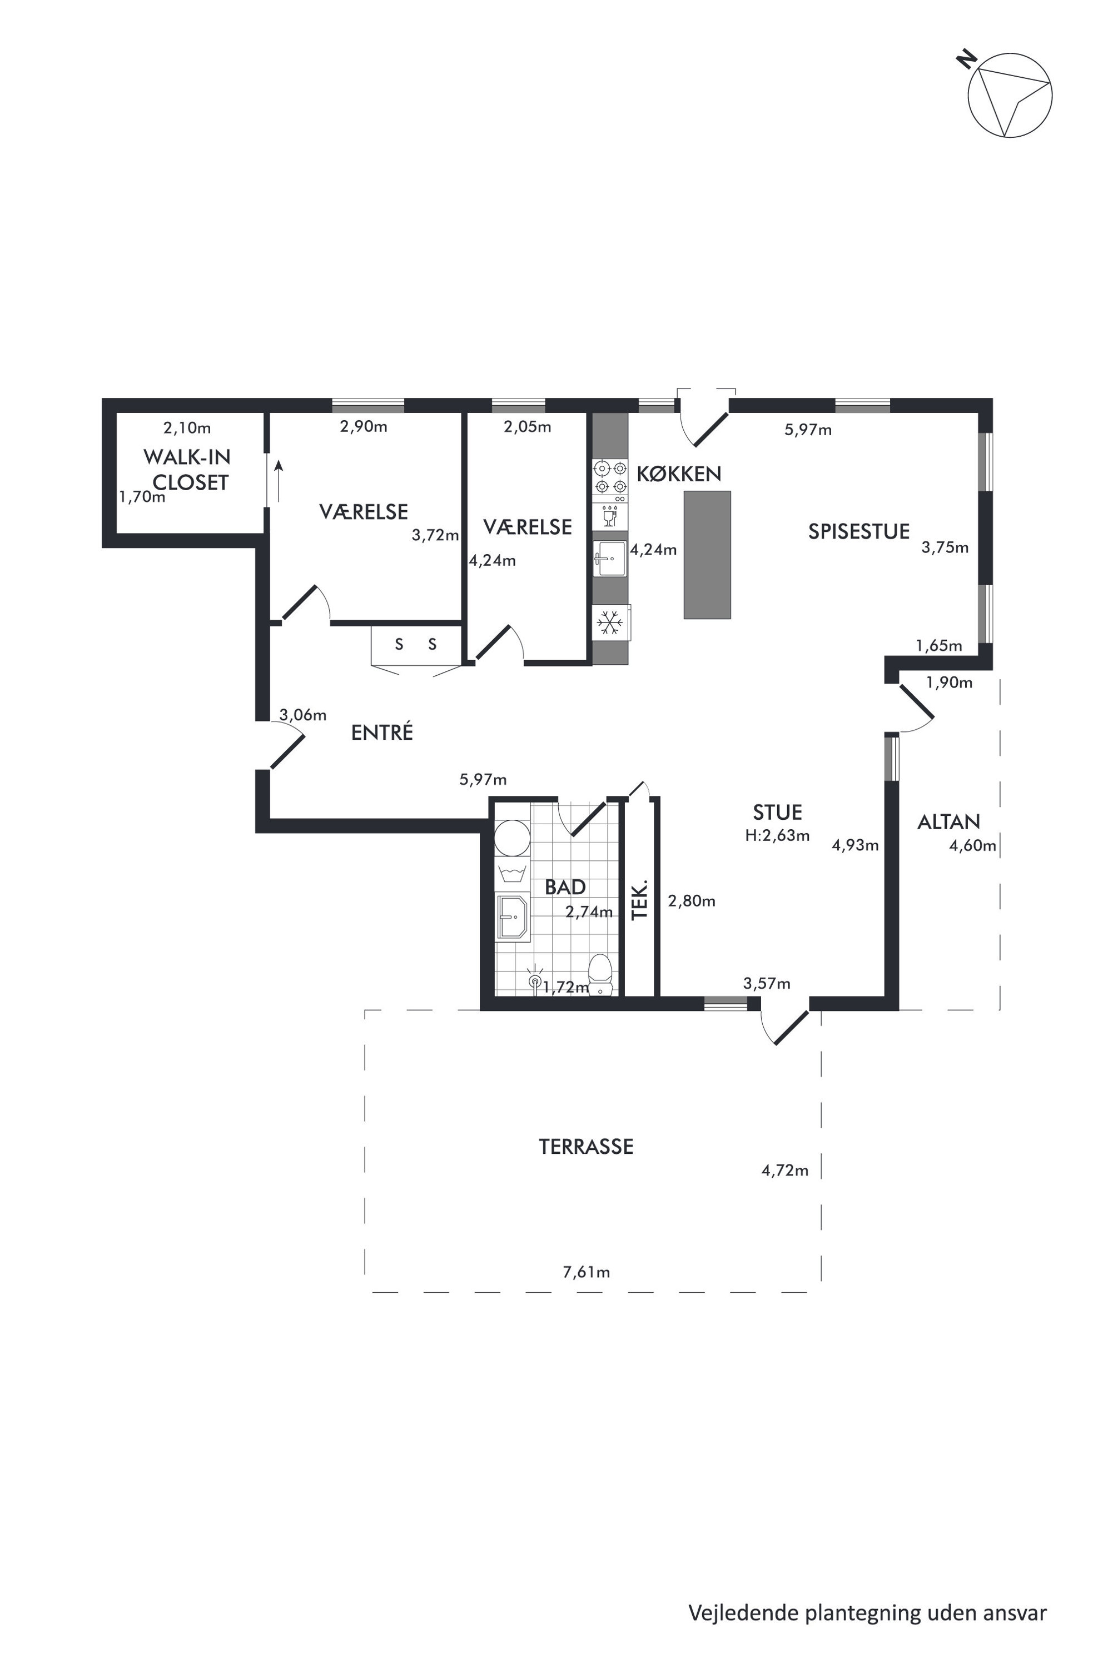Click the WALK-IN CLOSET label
[x=187, y=470]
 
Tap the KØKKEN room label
[x=679, y=474]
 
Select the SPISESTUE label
[x=859, y=532]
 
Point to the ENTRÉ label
[x=382, y=732]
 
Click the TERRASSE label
[x=586, y=1147]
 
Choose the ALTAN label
[x=948, y=821]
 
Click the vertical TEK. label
[x=639, y=899]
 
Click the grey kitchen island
[x=707, y=555]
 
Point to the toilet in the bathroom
[x=600, y=974]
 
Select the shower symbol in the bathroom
[x=535, y=980]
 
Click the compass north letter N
[x=967, y=58]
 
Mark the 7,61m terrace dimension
[x=586, y=1272]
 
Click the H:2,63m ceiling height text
[x=777, y=836]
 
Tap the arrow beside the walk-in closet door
[x=279, y=482]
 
